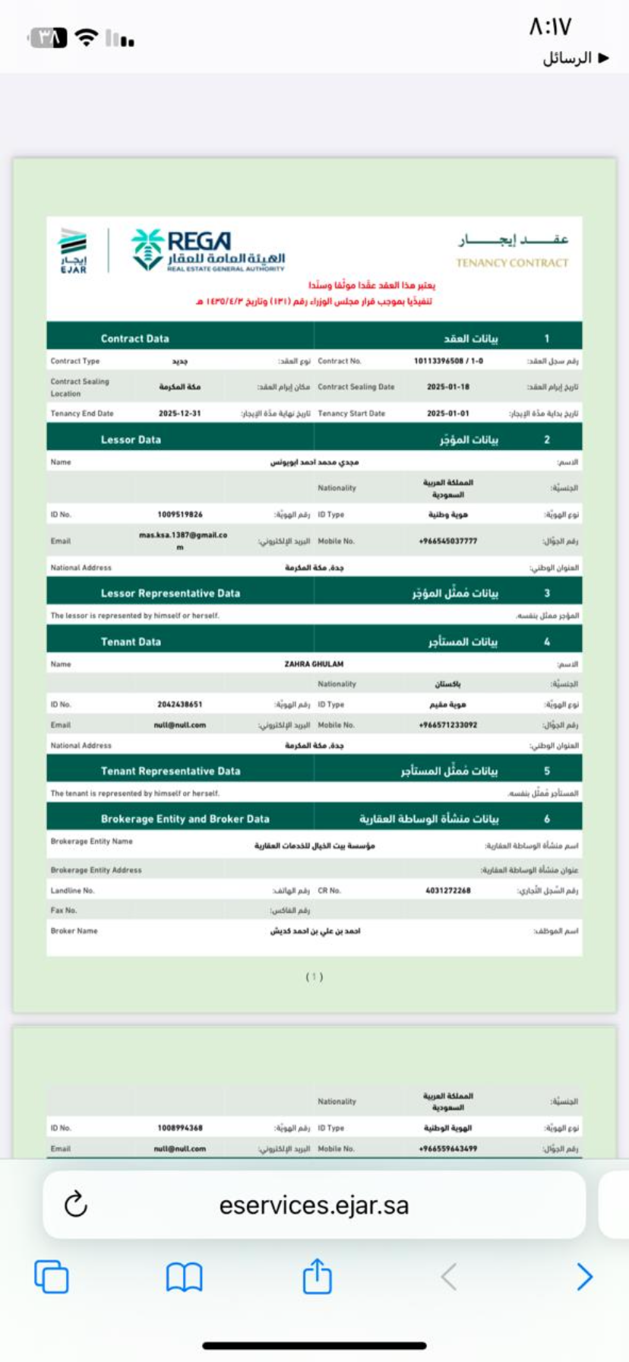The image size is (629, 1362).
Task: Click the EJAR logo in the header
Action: (x=73, y=250)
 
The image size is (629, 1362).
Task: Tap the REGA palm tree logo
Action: (x=147, y=249)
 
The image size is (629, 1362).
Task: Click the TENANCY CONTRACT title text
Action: (x=512, y=263)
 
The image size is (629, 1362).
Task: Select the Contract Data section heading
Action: (x=135, y=338)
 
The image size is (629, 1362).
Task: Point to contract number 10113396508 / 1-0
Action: (x=448, y=361)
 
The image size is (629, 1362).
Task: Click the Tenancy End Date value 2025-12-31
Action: (x=180, y=413)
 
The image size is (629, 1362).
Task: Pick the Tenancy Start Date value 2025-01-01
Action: (x=448, y=413)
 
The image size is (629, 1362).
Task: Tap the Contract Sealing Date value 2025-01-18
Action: (x=448, y=387)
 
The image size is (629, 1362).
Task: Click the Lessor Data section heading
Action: (x=131, y=439)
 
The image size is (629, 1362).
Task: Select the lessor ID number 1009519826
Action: (x=180, y=515)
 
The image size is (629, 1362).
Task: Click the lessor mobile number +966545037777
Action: (x=448, y=541)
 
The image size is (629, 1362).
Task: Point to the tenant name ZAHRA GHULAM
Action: (x=314, y=664)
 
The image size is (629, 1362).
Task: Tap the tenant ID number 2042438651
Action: (x=180, y=705)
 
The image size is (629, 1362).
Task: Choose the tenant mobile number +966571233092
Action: (x=448, y=725)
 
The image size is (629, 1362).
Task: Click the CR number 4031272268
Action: (x=448, y=890)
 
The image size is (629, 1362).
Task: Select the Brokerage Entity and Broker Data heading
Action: (x=185, y=819)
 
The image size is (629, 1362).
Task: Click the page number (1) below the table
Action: (x=314, y=977)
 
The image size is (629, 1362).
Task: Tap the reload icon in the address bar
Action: (x=76, y=1204)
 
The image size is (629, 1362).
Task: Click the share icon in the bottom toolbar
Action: (x=317, y=1276)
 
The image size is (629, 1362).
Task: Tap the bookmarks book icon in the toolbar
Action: (x=185, y=1277)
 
